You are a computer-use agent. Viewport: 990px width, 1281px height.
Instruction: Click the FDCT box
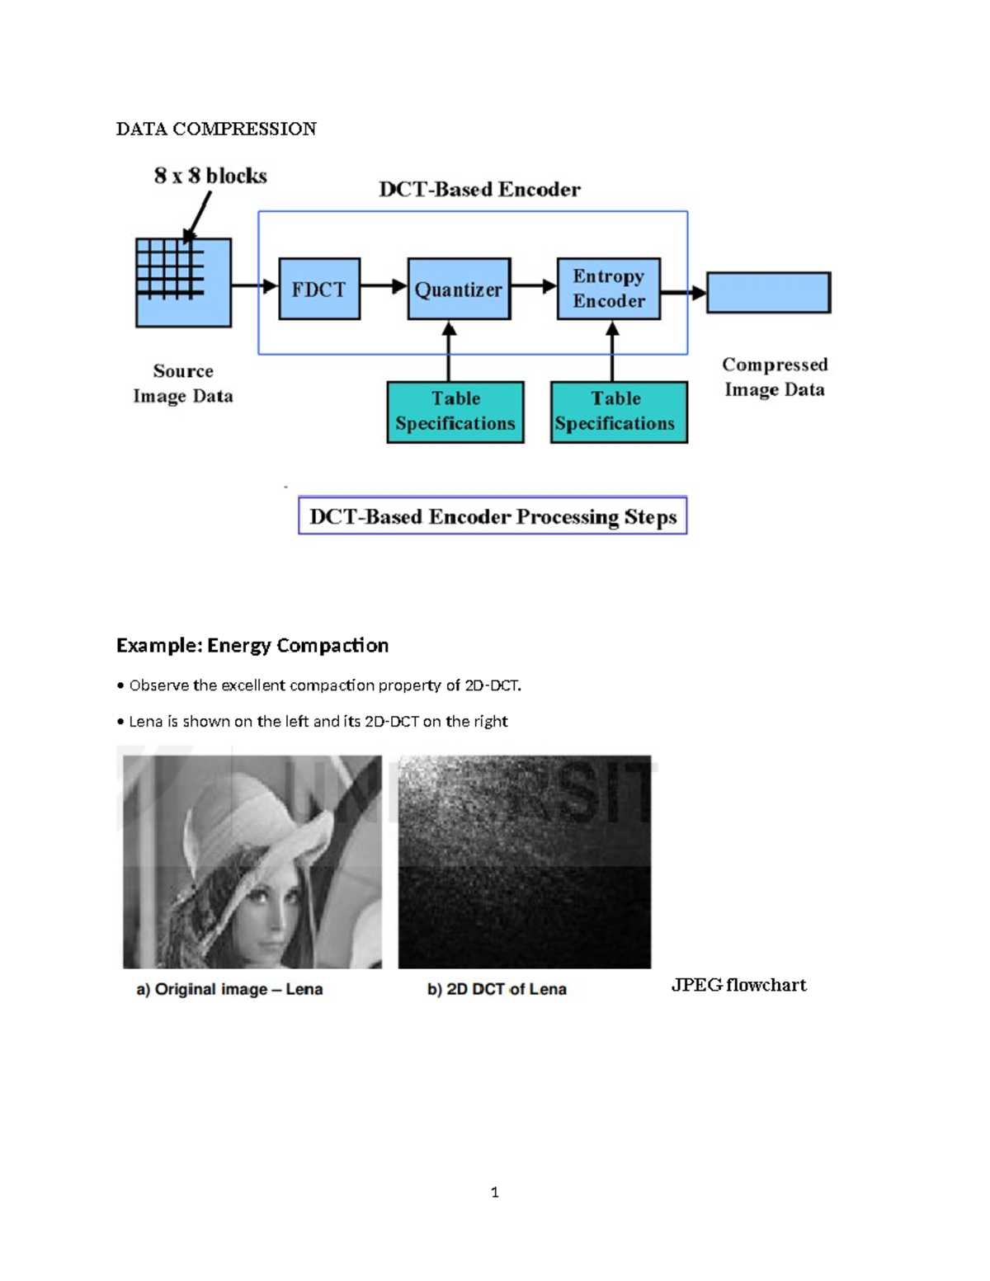coord(319,289)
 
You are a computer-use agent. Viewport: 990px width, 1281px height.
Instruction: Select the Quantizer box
coord(459,289)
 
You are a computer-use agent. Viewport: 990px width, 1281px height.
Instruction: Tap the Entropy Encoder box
coord(609,289)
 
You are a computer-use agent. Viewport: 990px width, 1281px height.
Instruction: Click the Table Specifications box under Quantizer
coord(455,412)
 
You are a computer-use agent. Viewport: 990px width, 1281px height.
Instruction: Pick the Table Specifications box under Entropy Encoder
coord(619,412)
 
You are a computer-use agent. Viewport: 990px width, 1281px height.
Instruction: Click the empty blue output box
coord(768,293)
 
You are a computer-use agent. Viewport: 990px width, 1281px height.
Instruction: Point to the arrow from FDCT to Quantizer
coord(384,286)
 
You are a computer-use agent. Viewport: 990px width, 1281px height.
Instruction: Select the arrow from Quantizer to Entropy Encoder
coord(534,286)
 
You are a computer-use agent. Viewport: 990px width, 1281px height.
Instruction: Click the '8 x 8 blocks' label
coord(210,176)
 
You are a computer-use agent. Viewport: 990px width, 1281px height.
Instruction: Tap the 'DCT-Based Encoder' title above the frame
coord(479,190)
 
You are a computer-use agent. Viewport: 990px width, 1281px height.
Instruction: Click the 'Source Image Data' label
coord(183,384)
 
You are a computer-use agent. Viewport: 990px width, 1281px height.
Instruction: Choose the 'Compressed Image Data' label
coord(775,377)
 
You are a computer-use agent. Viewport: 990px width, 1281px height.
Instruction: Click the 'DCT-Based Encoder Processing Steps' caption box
coord(493,516)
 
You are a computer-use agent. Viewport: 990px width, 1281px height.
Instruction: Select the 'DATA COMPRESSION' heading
coord(216,129)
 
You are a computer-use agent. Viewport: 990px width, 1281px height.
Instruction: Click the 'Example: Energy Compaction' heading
coord(252,645)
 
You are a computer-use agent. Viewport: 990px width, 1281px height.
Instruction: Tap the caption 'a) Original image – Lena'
coord(229,989)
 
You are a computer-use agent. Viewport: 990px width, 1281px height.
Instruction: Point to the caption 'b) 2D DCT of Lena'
coord(497,989)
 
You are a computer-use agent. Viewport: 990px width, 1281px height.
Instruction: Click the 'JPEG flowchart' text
coord(738,985)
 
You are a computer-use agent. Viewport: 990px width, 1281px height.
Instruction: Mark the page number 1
coord(494,1192)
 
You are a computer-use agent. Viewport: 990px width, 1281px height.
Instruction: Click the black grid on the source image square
coord(170,267)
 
